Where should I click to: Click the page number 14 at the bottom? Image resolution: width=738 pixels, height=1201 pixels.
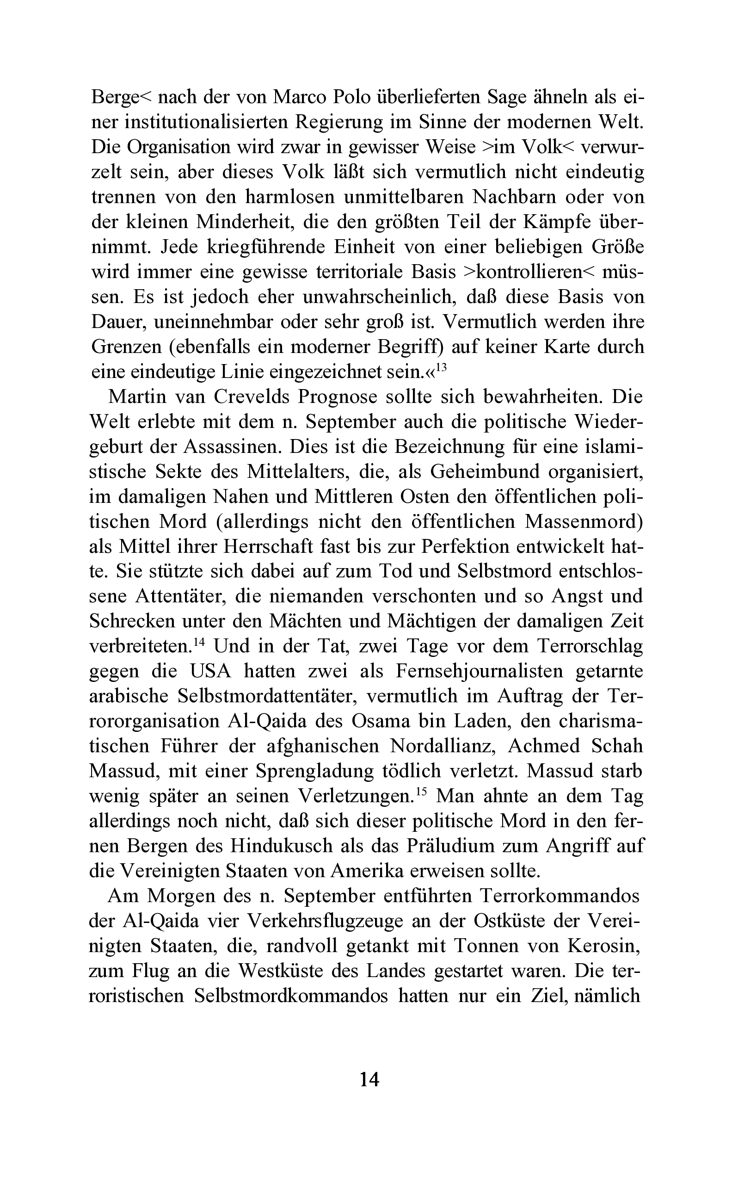[x=369, y=1079]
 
